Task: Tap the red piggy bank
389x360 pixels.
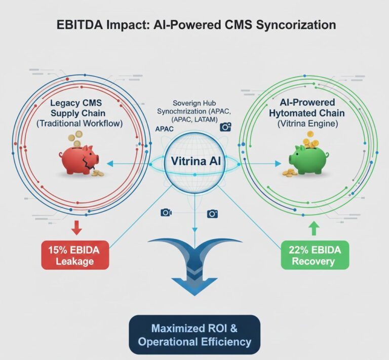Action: (79, 159)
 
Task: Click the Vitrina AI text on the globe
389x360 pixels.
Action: (194, 163)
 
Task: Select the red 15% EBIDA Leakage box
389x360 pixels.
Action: (76, 255)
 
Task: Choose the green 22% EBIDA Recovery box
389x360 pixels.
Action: (315, 255)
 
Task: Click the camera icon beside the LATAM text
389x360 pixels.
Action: (225, 127)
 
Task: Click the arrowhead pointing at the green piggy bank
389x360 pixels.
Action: (277, 163)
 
